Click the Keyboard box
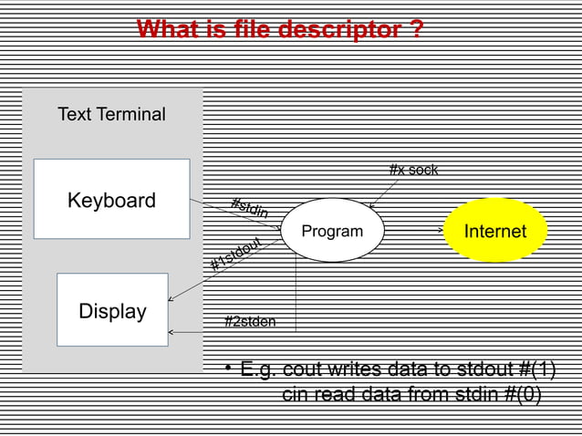(x=111, y=200)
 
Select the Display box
(x=112, y=310)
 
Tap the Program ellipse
(x=332, y=231)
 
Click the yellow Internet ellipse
(x=494, y=231)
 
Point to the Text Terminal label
(x=111, y=115)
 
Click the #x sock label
(x=413, y=170)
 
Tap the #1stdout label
(x=236, y=254)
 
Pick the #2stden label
(x=250, y=321)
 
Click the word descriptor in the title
(x=336, y=30)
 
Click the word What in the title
(x=167, y=30)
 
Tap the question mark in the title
(x=416, y=30)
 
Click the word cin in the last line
(x=296, y=394)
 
